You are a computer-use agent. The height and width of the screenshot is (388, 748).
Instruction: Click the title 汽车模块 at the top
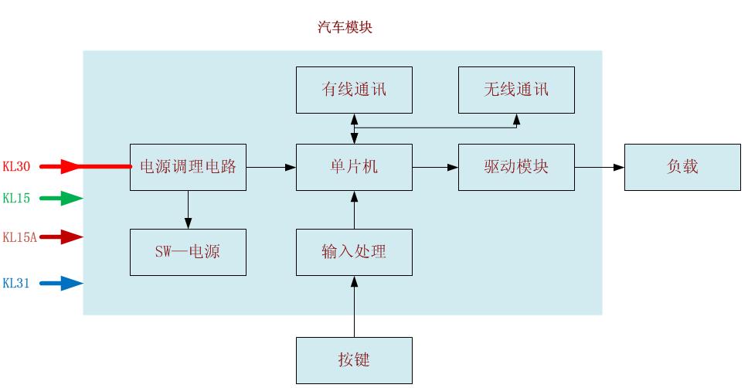tap(345, 28)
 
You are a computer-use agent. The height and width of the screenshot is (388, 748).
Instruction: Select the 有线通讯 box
tap(354, 90)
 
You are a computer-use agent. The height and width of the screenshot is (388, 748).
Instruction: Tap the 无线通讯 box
tap(516, 90)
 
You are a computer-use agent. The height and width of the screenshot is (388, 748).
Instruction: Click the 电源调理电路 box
tap(188, 167)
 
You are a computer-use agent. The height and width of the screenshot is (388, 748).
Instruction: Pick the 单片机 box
tap(354, 167)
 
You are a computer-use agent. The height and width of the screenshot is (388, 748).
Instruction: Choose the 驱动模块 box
tap(516, 167)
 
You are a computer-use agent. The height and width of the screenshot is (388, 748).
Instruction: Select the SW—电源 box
tap(188, 252)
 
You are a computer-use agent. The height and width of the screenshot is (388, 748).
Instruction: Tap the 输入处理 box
tap(354, 252)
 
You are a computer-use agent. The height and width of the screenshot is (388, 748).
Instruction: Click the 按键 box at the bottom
tap(354, 360)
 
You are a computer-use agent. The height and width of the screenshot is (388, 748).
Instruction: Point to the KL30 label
tap(16, 166)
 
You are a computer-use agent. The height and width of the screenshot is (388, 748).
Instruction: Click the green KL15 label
tap(16, 199)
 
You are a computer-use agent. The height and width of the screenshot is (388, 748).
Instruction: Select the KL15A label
tap(19, 237)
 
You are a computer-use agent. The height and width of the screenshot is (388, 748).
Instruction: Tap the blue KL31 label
tap(16, 284)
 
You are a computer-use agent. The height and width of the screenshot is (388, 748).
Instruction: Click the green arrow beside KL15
tap(61, 199)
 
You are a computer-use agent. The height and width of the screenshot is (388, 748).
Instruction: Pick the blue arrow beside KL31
tap(61, 284)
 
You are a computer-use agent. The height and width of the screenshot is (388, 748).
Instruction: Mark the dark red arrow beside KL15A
tap(61, 237)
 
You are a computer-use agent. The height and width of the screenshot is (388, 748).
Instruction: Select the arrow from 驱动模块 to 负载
tap(600, 167)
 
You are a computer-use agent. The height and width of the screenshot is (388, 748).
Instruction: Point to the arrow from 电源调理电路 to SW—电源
tap(188, 209)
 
